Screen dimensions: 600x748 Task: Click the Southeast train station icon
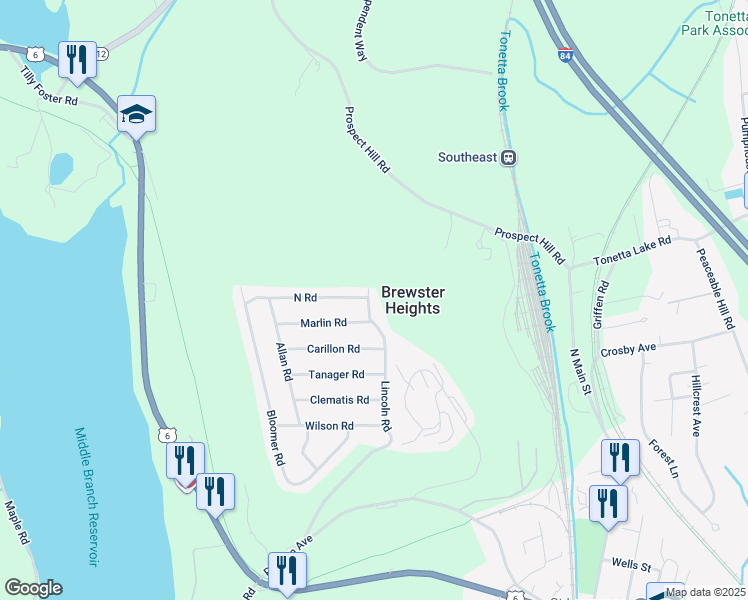[x=509, y=157]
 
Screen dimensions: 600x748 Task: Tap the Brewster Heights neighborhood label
[x=411, y=301]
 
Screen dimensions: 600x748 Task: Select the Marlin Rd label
[x=323, y=323]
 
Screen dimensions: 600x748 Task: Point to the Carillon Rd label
[x=333, y=349]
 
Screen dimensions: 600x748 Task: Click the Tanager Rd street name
[x=336, y=375]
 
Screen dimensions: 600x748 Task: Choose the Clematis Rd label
[x=339, y=400]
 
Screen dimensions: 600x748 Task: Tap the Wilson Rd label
[x=329, y=426]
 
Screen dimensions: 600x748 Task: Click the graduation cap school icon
[x=135, y=114]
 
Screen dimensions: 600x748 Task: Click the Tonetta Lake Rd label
[x=631, y=247]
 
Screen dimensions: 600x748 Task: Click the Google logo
[x=33, y=588]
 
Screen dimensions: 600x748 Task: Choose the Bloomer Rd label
[x=275, y=439]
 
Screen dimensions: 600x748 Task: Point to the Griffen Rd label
[x=602, y=300]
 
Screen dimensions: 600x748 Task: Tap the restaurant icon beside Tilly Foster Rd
[x=76, y=60]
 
